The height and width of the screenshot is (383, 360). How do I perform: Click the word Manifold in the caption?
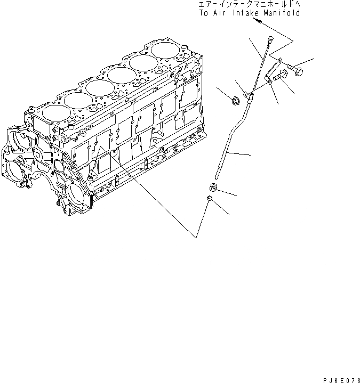[x=278, y=13]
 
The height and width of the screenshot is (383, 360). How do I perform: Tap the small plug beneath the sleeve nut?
[x=210, y=200]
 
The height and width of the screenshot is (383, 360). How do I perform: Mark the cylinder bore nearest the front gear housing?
[x=55, y=112]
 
